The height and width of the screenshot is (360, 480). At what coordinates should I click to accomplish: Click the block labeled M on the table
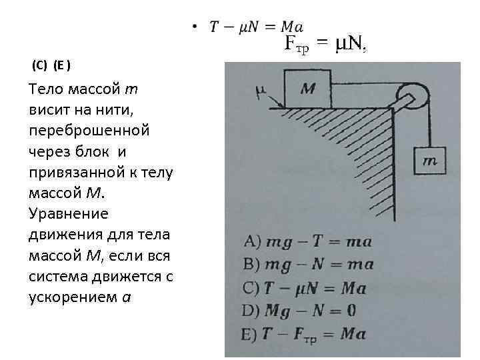307,89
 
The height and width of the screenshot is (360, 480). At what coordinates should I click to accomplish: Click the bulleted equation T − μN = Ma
257,27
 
